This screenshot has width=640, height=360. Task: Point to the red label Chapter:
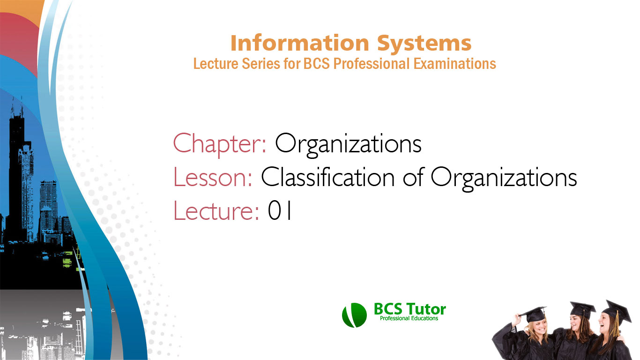(220, 144)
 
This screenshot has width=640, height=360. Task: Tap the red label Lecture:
(216, 211)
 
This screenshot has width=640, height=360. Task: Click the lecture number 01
(280, 211)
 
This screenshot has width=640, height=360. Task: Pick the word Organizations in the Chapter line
(348, 144)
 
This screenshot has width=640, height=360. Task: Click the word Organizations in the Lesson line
(504, 178)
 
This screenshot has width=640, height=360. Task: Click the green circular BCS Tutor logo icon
(354, 315)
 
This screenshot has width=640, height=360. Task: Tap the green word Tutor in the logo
(426, 309)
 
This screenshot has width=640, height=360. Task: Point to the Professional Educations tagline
(409, 319)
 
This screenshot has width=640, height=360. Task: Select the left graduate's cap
(534, 313)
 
